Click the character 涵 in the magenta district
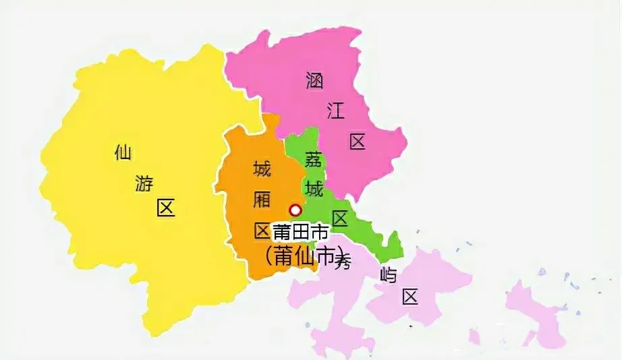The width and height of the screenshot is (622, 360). tap(314, 81)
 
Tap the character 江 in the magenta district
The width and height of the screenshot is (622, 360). tap(336, 111)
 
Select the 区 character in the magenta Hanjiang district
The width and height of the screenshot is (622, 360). tap(358, 142)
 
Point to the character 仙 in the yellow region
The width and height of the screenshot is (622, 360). tap(123, 153)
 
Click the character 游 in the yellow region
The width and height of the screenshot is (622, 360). tap(144, 183)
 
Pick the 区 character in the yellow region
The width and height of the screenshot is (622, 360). tap(165, 208)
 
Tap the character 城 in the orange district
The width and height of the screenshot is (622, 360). tap(262, 169)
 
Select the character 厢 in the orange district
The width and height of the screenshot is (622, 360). tap(262, 200)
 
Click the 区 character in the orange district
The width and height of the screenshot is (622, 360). tap(262, 231)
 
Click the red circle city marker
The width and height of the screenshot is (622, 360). tap(295, 210)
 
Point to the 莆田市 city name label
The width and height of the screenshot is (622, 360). tap(301, 233)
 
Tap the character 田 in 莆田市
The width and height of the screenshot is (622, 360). tap(301, 233)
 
